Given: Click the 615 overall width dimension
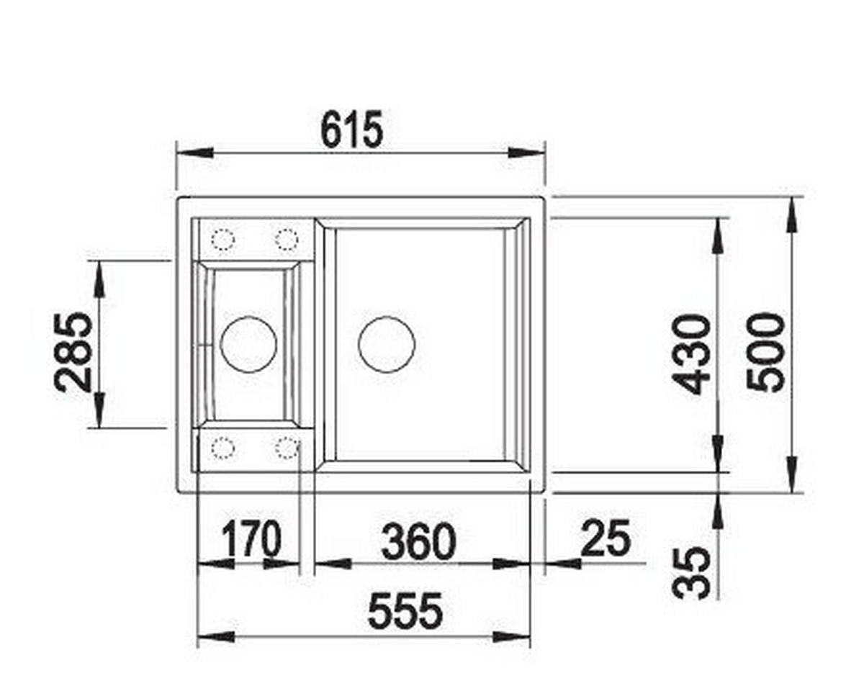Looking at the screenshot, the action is point(352,130).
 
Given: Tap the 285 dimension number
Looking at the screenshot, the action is point(73,352).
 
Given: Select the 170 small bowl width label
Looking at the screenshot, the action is point(252,539).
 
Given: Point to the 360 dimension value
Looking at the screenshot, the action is point(419,541).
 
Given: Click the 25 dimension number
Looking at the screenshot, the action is point(606,538).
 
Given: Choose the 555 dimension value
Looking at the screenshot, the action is point(405,610).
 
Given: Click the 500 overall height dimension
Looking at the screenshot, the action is point(765,352).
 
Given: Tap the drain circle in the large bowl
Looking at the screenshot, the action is point(387,345).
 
